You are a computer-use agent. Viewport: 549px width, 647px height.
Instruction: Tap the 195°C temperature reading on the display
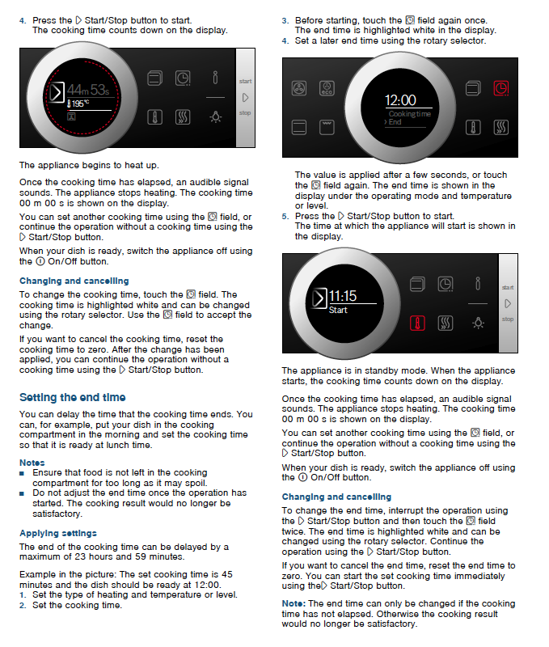tap(78, 104)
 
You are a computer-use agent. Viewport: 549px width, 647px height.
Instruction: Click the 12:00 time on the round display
tap(400, 100)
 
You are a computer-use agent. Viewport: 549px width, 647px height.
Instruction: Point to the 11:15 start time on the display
tap(343, 296)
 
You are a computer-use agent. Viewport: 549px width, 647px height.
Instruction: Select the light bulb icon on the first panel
tap(214, 116)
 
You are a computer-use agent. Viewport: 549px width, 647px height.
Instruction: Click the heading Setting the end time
tap(72, 397)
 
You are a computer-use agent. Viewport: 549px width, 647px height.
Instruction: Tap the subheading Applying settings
tap(58, 533)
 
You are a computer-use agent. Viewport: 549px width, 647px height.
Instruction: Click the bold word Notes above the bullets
tap(32, 462)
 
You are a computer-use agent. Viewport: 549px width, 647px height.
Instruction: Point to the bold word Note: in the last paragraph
tap(293, 603)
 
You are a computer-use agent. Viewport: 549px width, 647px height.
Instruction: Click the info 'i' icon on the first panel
tap(214, 78)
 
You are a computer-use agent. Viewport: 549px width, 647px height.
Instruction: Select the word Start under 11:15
tap(338, 311)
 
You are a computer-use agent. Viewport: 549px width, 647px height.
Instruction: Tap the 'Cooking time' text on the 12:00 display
tap(409, 114)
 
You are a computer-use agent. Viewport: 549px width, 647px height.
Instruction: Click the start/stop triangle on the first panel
tap(245, 97)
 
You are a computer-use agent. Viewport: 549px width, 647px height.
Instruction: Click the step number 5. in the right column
tap(285, 216)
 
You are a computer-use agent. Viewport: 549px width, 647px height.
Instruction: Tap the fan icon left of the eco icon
tap(298, 87)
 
